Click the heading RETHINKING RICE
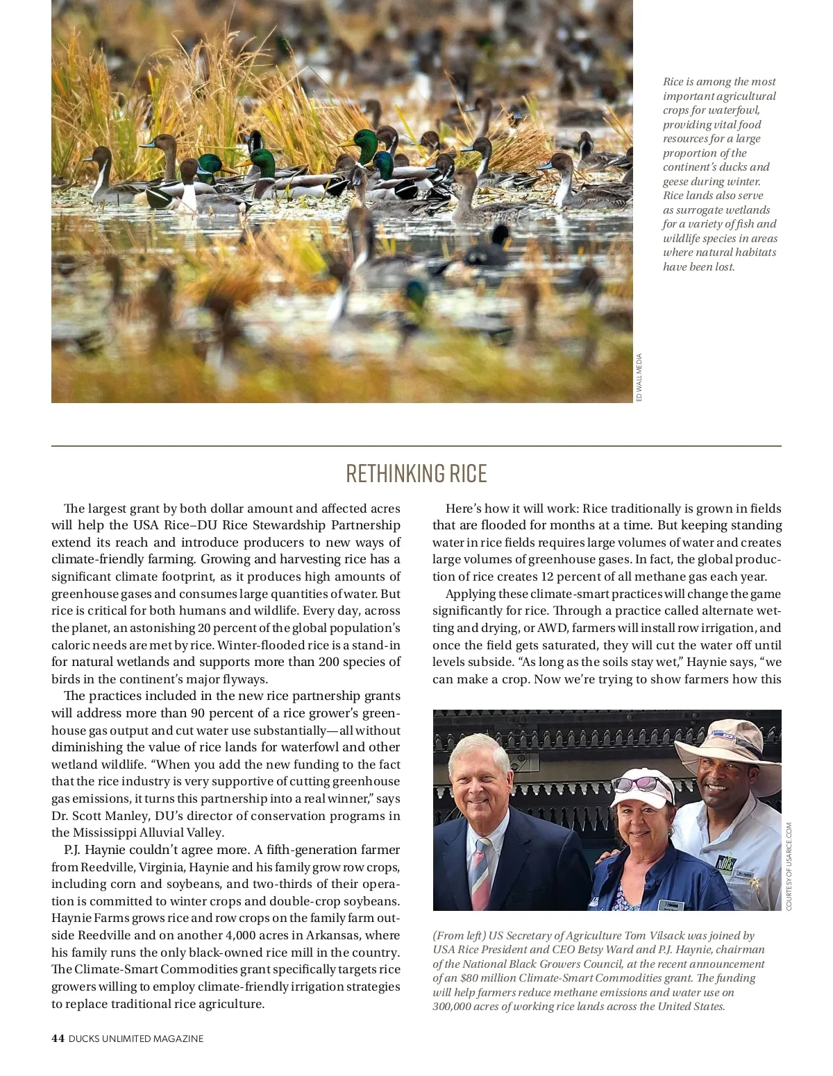pyautogui.click(x=416, y=474)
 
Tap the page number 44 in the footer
pyautogui.click(x=58, y=1039)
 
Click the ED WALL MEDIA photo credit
pyautogui.click(x=639, y=377)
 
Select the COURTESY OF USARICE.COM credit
pyautogui.click(x=789, y=866)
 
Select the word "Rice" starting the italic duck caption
pyautogui.click(x=673, y=82)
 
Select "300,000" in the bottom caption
pyautogui.click(x=451, y=1007)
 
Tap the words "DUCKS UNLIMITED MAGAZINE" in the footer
pyautogui.click(x=136, y=1039)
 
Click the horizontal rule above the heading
pyautogui.click(x=416, y=445)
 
